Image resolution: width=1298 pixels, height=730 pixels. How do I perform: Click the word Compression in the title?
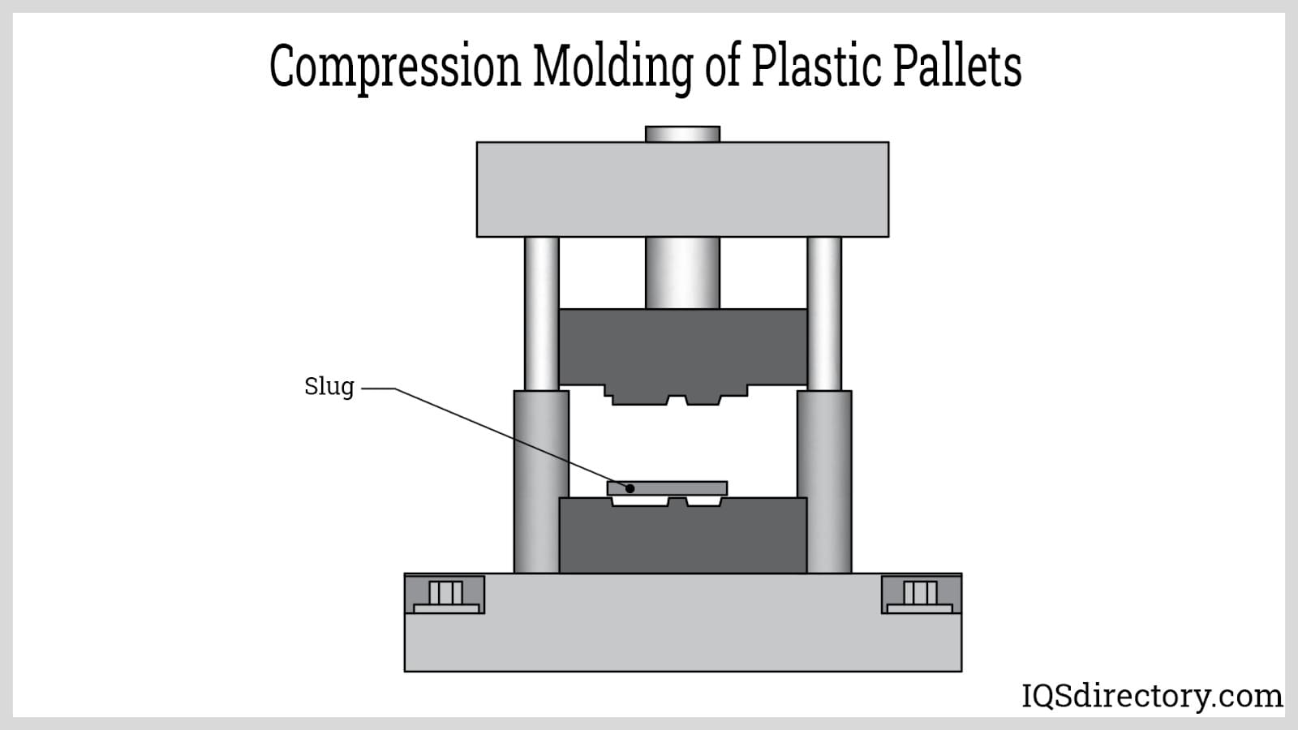(394, 67)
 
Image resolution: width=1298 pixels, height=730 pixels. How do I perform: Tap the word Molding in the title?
(612, 67)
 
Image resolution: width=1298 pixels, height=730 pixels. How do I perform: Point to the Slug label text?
(329, 387)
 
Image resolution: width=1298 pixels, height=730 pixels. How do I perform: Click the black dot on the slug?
(630, 488)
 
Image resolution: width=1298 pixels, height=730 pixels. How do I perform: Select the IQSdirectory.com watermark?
(1151, 696)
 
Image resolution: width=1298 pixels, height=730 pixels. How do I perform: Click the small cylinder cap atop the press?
(682, 134)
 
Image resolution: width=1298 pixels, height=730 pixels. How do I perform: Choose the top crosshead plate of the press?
(682, 190)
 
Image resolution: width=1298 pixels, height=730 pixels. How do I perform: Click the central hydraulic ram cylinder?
(682, 273)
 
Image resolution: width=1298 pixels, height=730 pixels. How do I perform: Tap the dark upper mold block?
(682, 346)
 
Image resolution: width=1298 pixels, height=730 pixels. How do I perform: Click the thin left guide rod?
(541, 312)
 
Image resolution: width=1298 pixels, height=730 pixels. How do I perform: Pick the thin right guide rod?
(824, 312)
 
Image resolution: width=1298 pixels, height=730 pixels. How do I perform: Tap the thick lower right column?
(824, 482)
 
